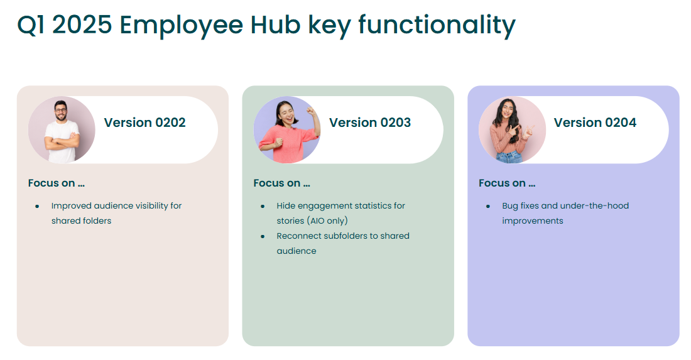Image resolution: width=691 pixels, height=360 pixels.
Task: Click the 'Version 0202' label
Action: point(144,123)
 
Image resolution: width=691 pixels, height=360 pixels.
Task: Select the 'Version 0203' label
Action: point(370,123)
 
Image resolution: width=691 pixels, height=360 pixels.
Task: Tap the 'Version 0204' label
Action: point(595,123)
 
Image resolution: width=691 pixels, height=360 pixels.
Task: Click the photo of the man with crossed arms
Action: point(62,130)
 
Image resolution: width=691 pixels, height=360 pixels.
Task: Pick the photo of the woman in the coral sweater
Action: point(287,130)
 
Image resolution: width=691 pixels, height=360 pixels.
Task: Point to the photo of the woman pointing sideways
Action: point(512,130)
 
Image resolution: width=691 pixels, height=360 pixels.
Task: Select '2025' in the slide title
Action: point(82,25)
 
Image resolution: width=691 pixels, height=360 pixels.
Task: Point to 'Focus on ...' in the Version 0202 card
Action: point(57,183)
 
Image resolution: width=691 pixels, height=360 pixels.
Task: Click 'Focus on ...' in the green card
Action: point(281,183)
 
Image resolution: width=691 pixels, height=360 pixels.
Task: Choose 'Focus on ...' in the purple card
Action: point(507,183)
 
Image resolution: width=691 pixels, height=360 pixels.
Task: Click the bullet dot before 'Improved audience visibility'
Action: point(38,206)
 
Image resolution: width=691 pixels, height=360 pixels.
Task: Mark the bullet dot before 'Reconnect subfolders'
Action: point(263,237)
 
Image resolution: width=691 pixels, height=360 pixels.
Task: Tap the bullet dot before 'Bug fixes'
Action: point(488,206)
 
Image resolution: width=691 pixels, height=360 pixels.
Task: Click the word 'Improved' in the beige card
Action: point(72,206)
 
